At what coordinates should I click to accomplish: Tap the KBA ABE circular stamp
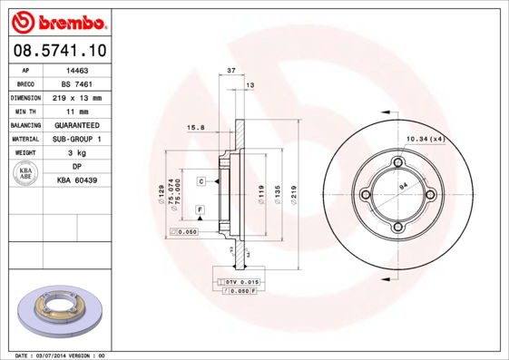coord(26,174)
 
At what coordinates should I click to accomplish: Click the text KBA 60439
coord(76,180)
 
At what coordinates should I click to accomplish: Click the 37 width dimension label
coord(231,70)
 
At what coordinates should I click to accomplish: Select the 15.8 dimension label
coord(194,128)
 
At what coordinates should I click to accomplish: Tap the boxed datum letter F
coord(199,210)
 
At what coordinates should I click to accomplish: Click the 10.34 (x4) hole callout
coord(426,139)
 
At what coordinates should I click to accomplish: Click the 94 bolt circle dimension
coord(403,186)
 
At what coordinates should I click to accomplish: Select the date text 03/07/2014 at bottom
coord(62,355)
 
